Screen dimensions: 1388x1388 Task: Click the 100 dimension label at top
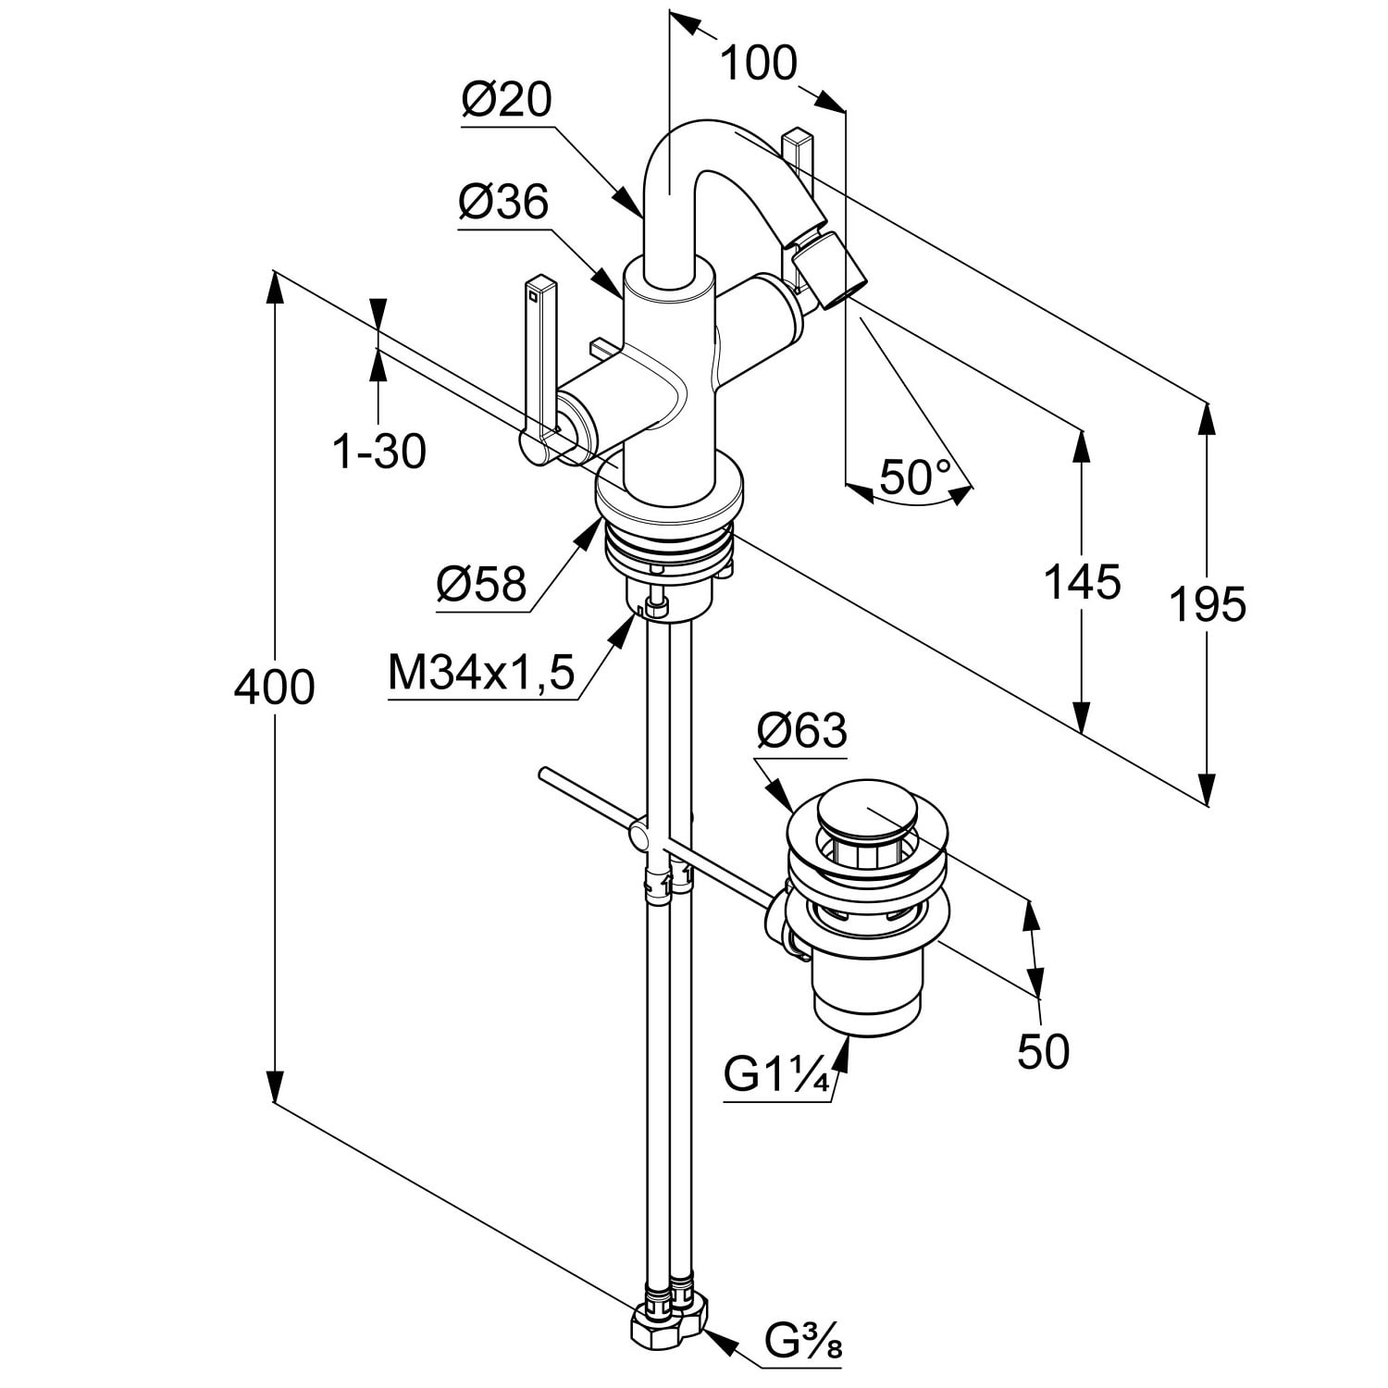(x=758, y=64)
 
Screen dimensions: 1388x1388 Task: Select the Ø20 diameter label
(x=506, y=100)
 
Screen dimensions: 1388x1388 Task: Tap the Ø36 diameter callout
(x=503, y=202)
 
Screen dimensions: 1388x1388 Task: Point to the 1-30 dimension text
(x=379, y=452)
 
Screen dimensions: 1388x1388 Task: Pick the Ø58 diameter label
(x=481, y=584)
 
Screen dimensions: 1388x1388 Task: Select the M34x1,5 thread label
(x=481, y=673)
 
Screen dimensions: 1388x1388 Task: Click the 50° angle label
(x=915, y=477)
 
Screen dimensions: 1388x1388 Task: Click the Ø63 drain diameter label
(x=801, y=731)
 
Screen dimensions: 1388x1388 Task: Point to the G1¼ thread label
(x=775, y=1075)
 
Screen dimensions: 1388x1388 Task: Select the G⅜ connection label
(x=803, y=1340)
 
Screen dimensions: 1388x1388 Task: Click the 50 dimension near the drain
(x=1043, y=1051)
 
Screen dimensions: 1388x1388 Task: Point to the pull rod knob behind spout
(x=798, y=148)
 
